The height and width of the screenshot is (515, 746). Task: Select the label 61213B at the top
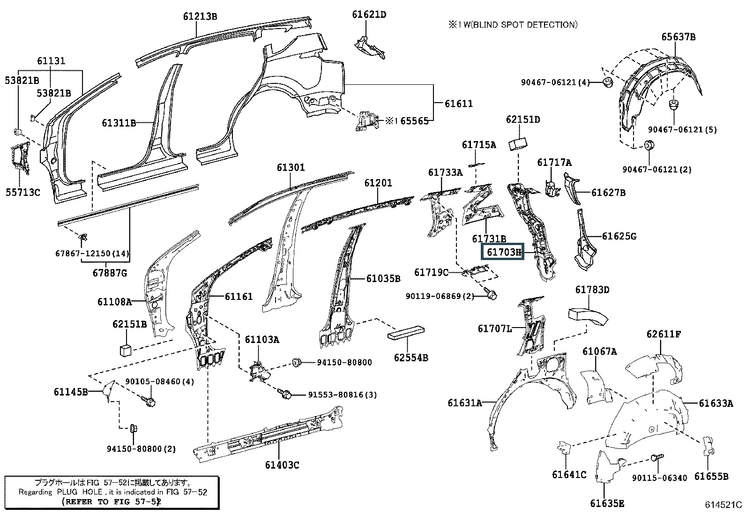coord(200,16)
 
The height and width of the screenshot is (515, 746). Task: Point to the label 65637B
coord(678,37)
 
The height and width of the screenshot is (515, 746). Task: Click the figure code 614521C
coord(724,505)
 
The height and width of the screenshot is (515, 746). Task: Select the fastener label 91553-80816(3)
coord(342,395)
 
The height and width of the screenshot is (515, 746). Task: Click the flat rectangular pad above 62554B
coord(406,332)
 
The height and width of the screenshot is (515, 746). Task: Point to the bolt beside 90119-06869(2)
coord(492,295)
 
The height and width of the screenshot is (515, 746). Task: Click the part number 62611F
coord(664,334)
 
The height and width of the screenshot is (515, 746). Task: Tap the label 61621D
coord(369,15)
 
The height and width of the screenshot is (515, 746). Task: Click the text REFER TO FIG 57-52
coord(112,501)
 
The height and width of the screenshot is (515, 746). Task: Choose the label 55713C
coord(22,192)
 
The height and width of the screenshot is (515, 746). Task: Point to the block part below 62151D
coord(518,142)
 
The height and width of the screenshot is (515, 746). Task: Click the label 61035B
coord(383,279)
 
